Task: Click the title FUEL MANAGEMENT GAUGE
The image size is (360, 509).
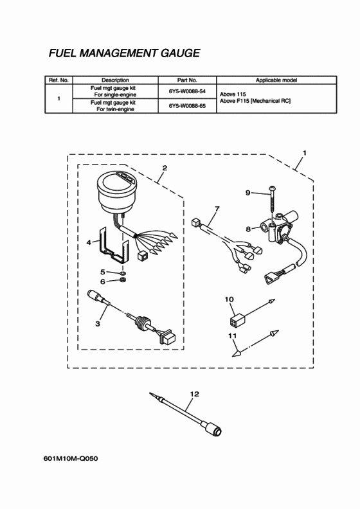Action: (124, 53)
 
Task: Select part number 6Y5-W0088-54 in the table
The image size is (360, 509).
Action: (187, 91)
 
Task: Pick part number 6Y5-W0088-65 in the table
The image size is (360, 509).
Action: (187, 106)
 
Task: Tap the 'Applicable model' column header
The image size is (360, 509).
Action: (276, 80)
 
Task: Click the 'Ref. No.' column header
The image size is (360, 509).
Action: (59, 80)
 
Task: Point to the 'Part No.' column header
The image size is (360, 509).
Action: (187, 80)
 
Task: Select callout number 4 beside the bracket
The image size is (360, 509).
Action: (89, 242)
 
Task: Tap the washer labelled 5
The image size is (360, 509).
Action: (123, 273)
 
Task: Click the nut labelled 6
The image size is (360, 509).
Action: (123, 280)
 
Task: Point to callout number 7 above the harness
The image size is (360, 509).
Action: (217, 209)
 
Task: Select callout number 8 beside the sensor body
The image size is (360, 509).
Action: (248, 229)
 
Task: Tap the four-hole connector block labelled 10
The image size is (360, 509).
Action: (238, 320)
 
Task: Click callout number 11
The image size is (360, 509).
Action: (233, 335)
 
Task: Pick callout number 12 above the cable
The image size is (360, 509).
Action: (194, 394)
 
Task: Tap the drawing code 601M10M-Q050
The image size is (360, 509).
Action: (71, 458)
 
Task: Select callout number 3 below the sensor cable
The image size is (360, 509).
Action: (97, 324)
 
